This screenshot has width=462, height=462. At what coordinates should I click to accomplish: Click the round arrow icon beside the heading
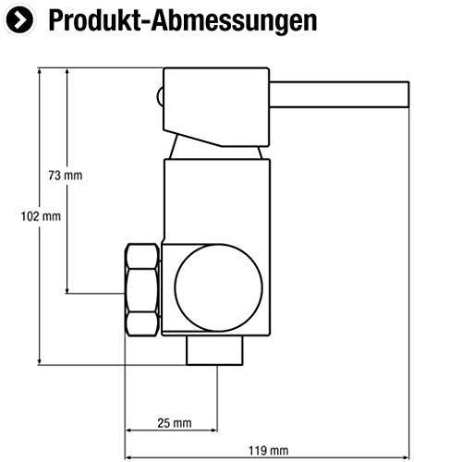tap(19, 19)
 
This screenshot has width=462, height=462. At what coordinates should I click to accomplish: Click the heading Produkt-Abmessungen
tap(183, 21)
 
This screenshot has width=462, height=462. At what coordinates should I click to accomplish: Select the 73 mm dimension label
tap(66, 176)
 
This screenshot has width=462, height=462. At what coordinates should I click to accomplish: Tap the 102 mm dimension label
tap(41, 216)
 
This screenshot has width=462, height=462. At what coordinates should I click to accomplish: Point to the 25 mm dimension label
tap(175, 423)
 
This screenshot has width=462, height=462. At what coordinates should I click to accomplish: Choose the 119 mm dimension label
tap(268, 451)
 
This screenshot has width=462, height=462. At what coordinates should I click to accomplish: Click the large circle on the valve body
tap(219, 288)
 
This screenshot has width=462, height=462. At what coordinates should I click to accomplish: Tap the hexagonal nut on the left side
tap(142, 290)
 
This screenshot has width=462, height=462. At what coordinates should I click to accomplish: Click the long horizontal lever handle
tap(339, 94)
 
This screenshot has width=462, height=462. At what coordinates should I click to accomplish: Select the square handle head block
tap(216, 107)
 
